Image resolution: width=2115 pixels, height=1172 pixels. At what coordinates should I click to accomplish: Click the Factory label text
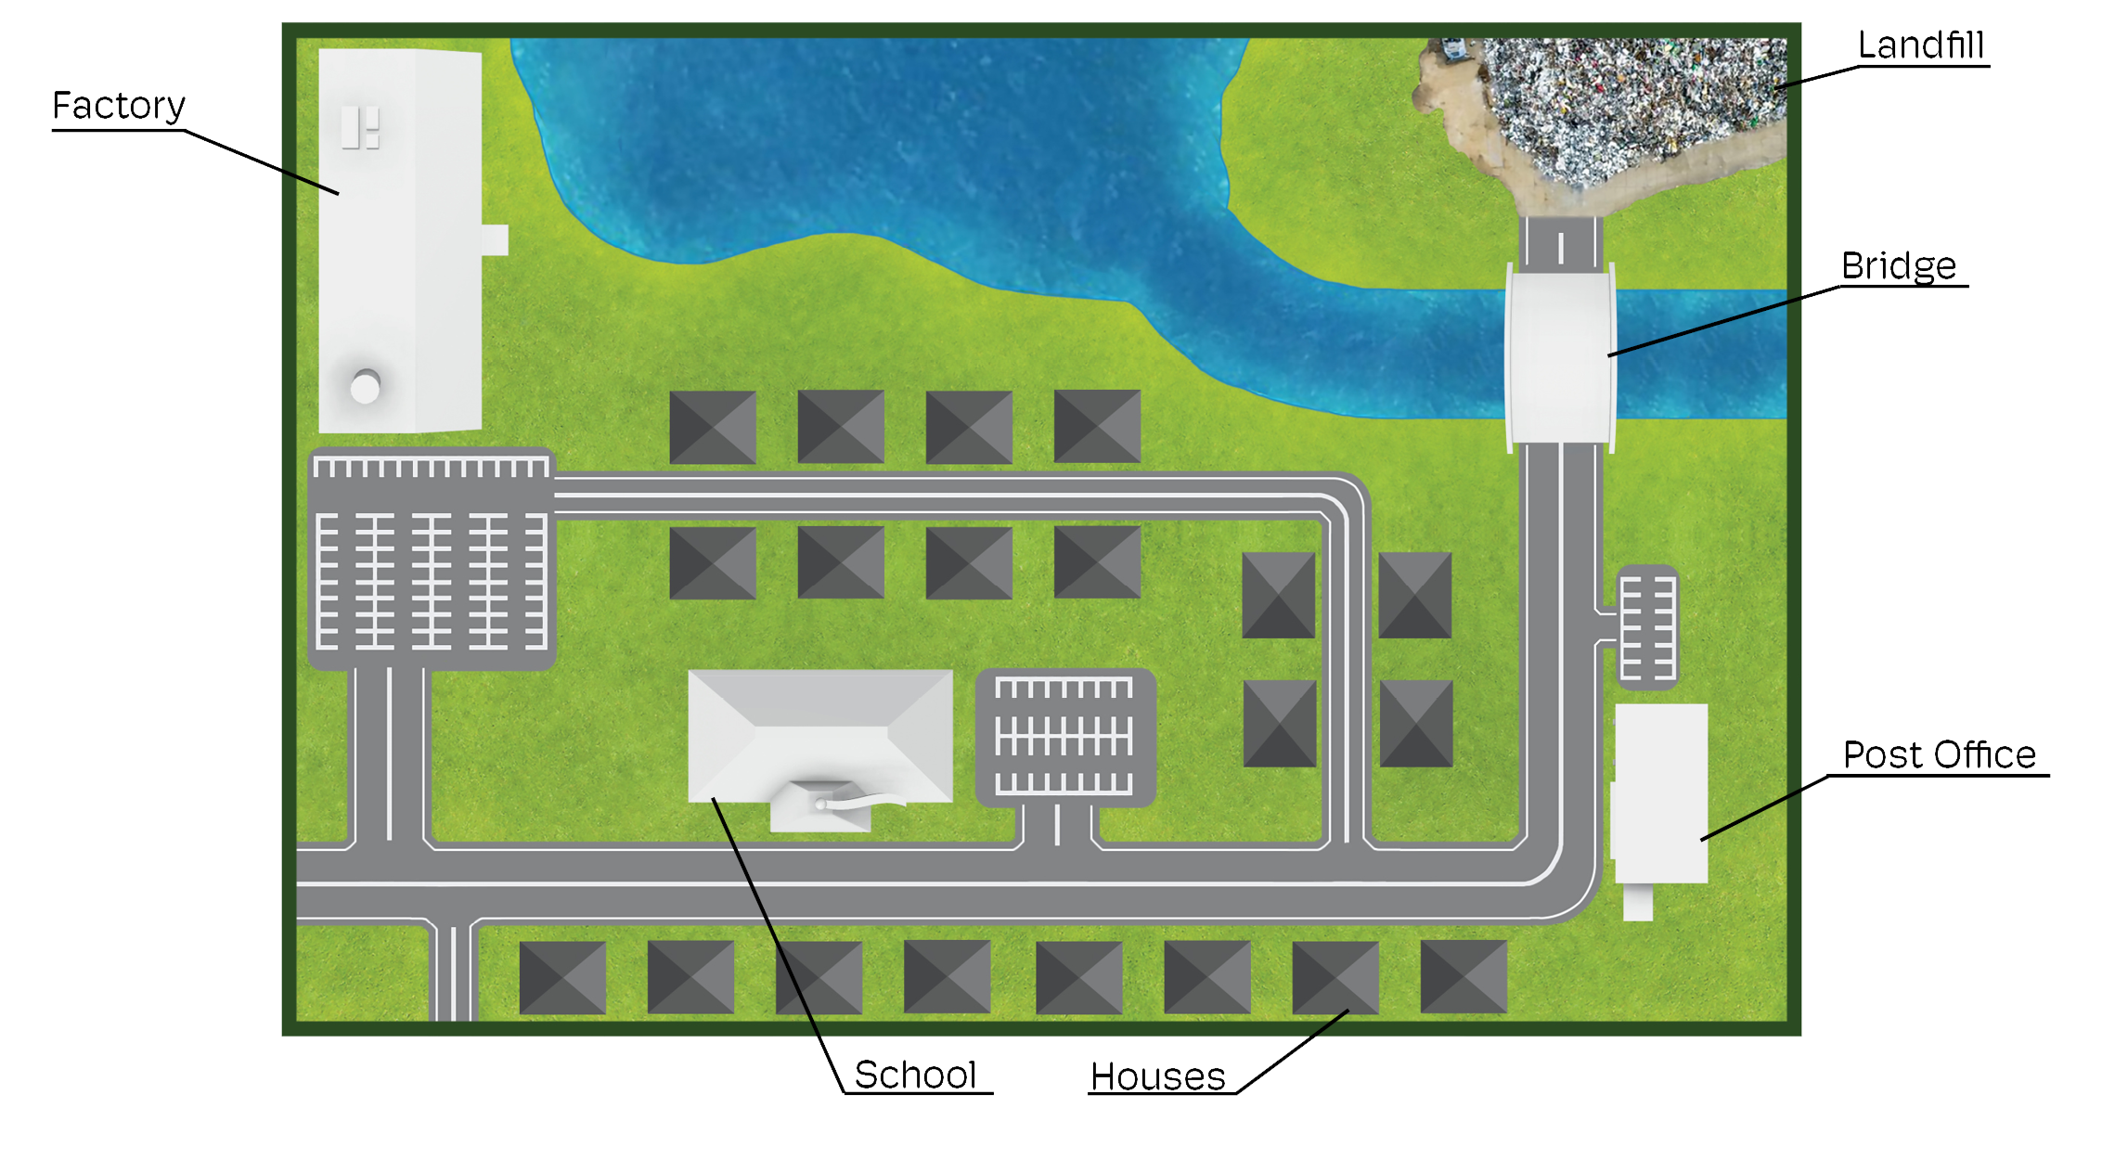pyautogui.click(x=120, y=106)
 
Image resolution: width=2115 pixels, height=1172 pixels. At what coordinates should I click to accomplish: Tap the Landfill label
pyautogui.click(x=1922, y=45)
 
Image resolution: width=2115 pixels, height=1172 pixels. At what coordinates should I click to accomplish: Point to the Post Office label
pyautogui.click(x=1941, y=755)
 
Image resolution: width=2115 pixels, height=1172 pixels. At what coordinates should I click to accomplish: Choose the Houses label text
pyautogui.click(x=1158, y=1077)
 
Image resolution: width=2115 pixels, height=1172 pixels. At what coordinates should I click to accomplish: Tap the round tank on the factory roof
pyautogui.click(x=365, y=386)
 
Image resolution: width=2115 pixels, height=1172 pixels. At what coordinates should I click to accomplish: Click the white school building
pyautogui.click(x=819, y=733)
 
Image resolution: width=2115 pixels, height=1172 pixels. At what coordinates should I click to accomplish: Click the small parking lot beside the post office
pyautogui.click(x=1647, y=627)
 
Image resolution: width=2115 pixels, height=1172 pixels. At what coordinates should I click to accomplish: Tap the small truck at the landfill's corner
pyautogui.click(x=1452, y=48)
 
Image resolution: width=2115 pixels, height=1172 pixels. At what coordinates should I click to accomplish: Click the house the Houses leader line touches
pyautogui.click(x=1335, y=976)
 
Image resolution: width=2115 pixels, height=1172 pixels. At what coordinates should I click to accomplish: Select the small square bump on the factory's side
pyautogui.click(x=495, y=239)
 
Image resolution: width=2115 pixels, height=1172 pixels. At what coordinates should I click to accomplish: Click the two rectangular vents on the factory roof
pyautogui.click(x=360, y=128)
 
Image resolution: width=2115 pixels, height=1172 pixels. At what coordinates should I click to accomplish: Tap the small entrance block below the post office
pyautogui.click(x=1637, y=902)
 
